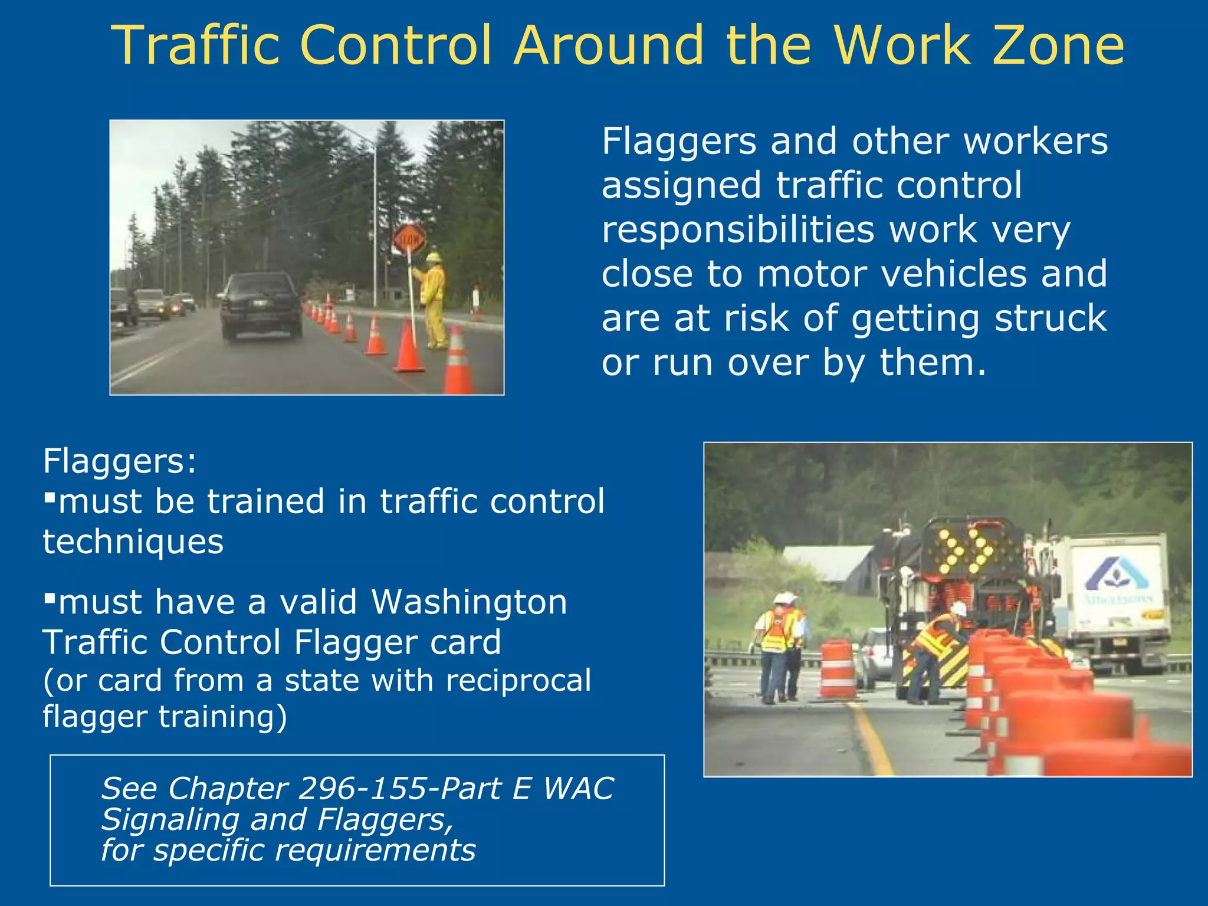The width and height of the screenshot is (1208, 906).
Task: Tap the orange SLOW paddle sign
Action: [x=409, y=239]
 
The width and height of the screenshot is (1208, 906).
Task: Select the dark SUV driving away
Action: [x=260, y=306]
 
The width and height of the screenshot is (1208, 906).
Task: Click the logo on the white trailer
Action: [x=1117, y=575]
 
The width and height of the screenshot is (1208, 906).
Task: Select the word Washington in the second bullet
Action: [x=469, y=602]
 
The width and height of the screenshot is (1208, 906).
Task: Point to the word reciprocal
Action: [x=518, y=680]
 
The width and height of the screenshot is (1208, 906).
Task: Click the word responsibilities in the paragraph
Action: [x=738, y=229]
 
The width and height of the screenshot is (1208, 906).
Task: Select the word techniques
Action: [x=133, y=541]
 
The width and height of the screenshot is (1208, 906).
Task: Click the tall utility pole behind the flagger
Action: [x=375, y=224]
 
